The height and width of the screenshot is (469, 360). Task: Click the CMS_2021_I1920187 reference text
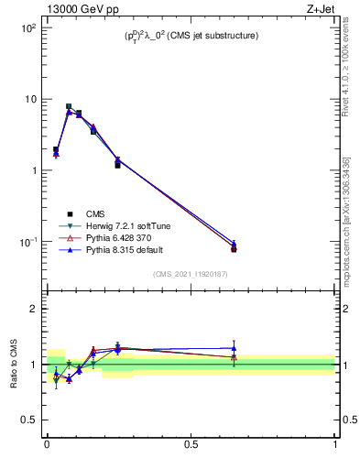(x=191, y=273)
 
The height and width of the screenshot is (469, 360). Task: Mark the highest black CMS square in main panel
(x=69, y=106)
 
